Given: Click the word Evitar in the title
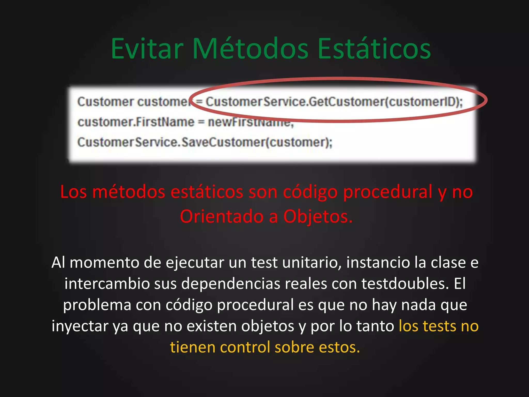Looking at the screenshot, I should tap(147, 49).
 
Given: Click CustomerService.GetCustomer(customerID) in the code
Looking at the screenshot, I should tap(333, 102).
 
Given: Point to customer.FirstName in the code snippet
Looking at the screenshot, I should tap(136, 122).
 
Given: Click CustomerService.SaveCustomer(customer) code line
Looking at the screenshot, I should tap(205, 142).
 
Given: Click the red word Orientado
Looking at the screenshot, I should tap(221, 216).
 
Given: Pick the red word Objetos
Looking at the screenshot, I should tap(318, 216).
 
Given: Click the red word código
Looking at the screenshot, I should tap(310, 192).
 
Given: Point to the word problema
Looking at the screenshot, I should tap(97, 305).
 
